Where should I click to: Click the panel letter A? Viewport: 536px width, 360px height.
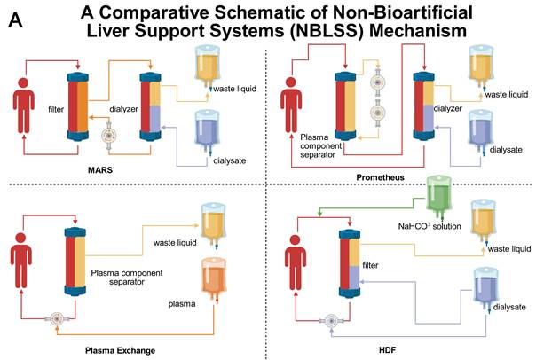click(x=15, y=20)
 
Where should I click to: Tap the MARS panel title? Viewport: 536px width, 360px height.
click(x=100, y=169)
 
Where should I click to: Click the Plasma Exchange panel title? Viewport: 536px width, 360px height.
click(x=120, y=350)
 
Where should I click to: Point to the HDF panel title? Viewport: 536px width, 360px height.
click(x=387, y=350)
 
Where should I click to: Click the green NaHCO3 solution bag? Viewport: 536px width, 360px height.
click(x=439, y=196)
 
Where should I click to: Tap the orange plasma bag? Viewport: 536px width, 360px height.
click(x=214, y=279)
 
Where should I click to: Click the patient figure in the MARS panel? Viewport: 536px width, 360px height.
click(x=24, y=106)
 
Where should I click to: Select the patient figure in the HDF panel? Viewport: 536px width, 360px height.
click(x=296, y=262)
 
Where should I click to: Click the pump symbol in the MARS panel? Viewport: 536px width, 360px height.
click(x=108, y=136)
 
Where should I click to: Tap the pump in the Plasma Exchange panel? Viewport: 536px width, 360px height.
click(x=57, y=319)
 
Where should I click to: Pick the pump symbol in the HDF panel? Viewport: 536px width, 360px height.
click(x=331, y=321)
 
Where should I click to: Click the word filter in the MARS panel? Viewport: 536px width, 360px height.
click(x=56, y=109)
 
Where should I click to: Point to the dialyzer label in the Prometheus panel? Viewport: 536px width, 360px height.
click(x=447, y=108)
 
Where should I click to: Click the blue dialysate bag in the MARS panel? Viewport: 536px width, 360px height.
click(x=207, y=132)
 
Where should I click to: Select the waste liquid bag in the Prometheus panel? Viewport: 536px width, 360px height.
click(x=481, y=67)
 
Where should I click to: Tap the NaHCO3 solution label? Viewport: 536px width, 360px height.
click(x=430, y=226)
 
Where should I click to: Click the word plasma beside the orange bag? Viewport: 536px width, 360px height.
click(x=182, y=304)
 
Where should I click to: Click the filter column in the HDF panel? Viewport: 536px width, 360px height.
click(x=350, y=263)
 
